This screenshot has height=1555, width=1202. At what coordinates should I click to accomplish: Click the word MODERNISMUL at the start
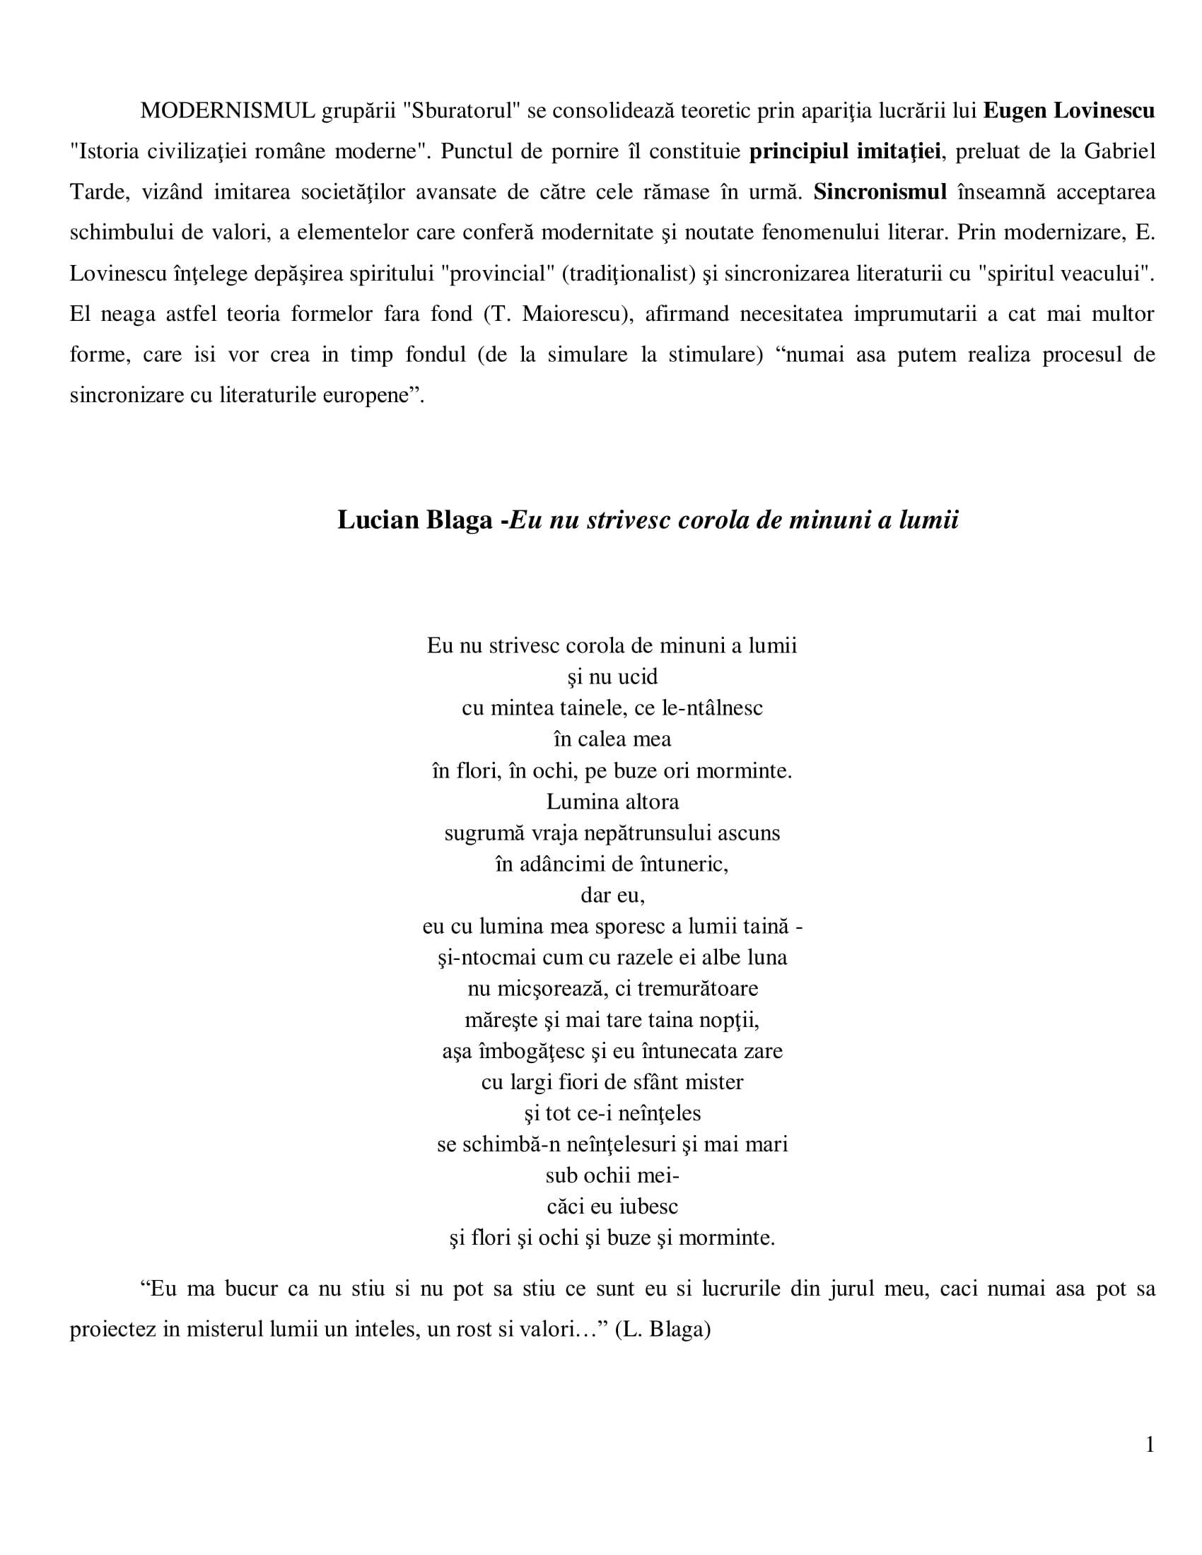click(x=227, y=110)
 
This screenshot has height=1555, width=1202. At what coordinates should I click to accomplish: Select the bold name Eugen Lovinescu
click(x=1068, y=110)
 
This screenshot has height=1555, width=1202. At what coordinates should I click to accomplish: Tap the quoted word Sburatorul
click(x=462, y=110)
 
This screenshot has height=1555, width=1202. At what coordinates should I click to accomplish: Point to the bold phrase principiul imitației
click(x=844, y=151)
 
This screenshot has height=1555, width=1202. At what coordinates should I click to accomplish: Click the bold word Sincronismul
click(x=880, y=192)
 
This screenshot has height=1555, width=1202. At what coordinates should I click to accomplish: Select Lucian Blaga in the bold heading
click(x=414, y=520)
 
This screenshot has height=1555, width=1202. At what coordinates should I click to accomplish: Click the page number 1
click(x=1149, y=1444)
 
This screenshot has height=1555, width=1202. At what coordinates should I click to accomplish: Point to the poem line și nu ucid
click(x=612, y=676)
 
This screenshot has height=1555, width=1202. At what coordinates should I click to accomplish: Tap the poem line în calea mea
click(x=612, y=739)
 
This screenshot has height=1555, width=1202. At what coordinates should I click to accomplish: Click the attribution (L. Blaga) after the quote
click(x=663, y=1330)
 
